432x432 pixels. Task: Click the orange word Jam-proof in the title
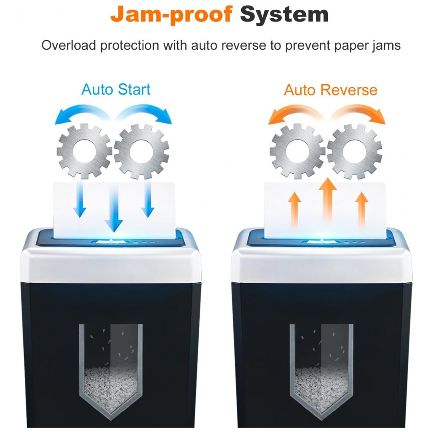172,14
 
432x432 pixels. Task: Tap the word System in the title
284,14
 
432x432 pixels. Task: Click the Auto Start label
116,89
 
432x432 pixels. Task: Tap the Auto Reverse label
330,90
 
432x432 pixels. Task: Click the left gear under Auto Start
84,151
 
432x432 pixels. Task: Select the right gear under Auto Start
141,151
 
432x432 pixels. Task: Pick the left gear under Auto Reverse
298,151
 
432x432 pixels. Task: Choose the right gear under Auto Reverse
354,151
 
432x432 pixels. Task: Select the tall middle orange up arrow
328,199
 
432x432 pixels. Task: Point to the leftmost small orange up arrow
295,210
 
